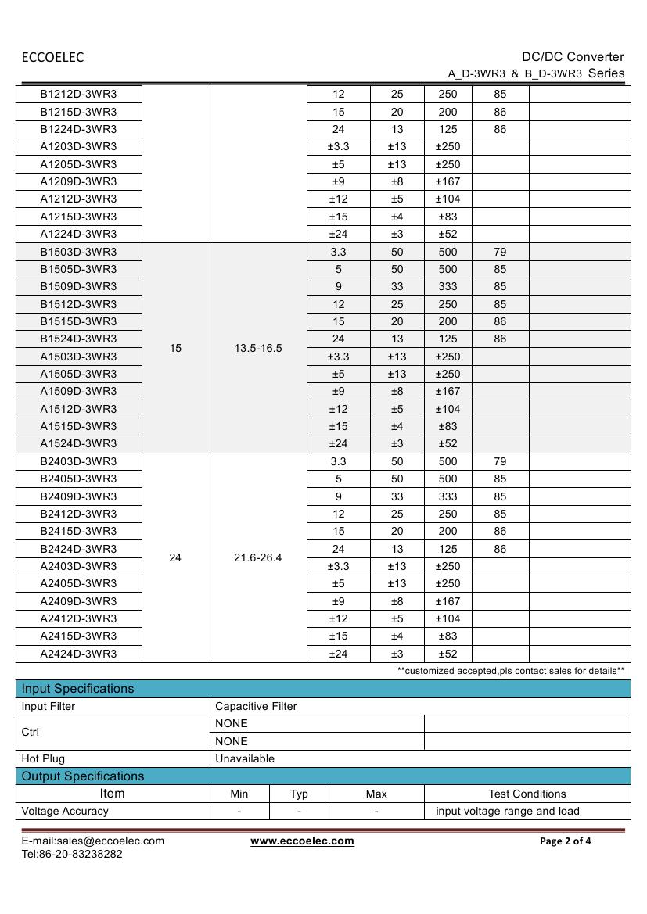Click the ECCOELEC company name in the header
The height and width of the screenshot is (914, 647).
click(x=52, y=57)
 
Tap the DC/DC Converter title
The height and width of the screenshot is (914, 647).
click(x=573, y=56)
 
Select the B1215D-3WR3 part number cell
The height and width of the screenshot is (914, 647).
click(x=78, y=112)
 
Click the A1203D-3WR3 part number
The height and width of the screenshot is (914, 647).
click(x=78, y=146)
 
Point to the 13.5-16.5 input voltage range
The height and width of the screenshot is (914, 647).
click(x=258, y=348)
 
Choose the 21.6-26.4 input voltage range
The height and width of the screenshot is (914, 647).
click(x=258, y=557)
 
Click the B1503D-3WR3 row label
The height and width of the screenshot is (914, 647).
click(x=78, y=252)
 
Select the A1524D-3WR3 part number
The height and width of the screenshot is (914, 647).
click(x=78, y=443)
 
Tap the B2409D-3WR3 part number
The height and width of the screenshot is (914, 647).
click(x=78, y=496)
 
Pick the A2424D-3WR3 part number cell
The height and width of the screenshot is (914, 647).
click(x=78, y=654)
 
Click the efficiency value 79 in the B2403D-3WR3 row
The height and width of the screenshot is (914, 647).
click(x=500, y=461)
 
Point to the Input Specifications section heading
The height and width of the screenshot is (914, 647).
click(x=77, y=689)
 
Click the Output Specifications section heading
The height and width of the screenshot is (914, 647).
click(x=83, y=776)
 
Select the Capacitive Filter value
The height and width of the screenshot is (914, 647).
click(x=256, y=706)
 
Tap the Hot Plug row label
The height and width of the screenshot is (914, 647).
click(x=43, y=758)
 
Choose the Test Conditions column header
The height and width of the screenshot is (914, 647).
click(x=527, y=794)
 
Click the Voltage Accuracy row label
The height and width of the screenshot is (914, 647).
click(x=65, y=811)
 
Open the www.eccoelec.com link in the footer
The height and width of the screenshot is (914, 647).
click(x=302, y=841)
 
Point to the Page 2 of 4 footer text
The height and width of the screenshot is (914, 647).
click(x=566, y=841)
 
